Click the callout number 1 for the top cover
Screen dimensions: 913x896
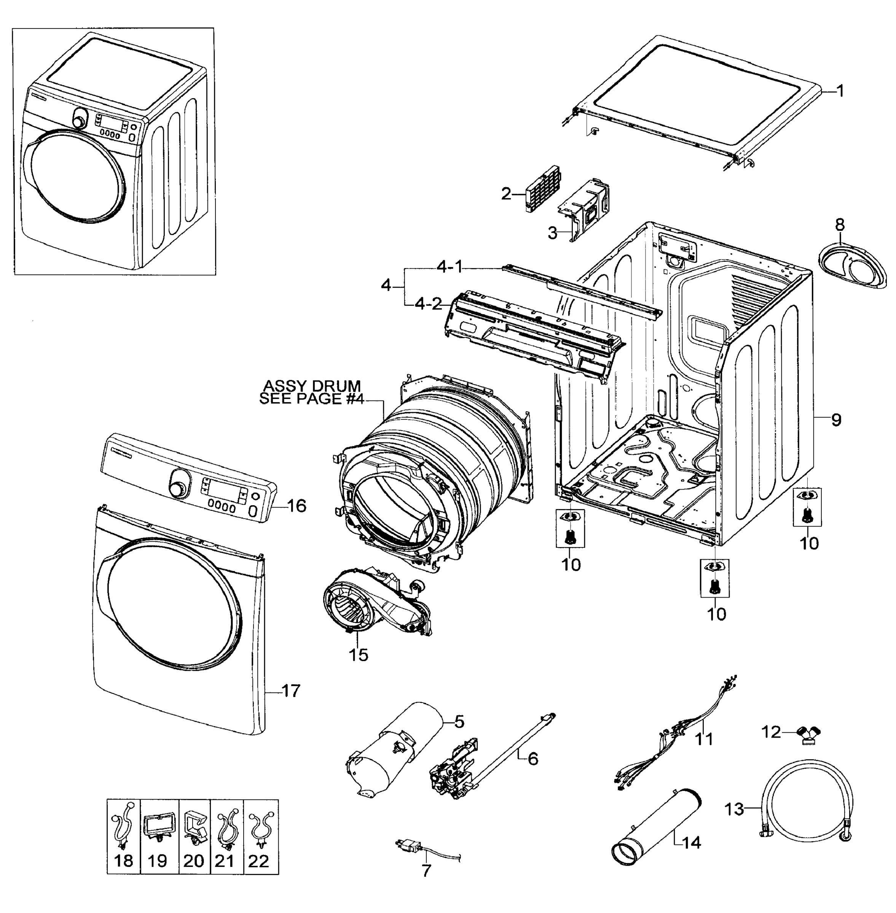[x=840, y=91]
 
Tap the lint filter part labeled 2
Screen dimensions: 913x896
[x=536, y=192]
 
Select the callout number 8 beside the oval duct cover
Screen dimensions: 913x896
[x=840, y=225]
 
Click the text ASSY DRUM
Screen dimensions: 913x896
[x=311, y=386]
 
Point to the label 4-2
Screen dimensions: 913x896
[x=428, y=304]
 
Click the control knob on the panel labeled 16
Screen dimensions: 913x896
[x=178, y=489]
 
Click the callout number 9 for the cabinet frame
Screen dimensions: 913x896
[x=836, y=420]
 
